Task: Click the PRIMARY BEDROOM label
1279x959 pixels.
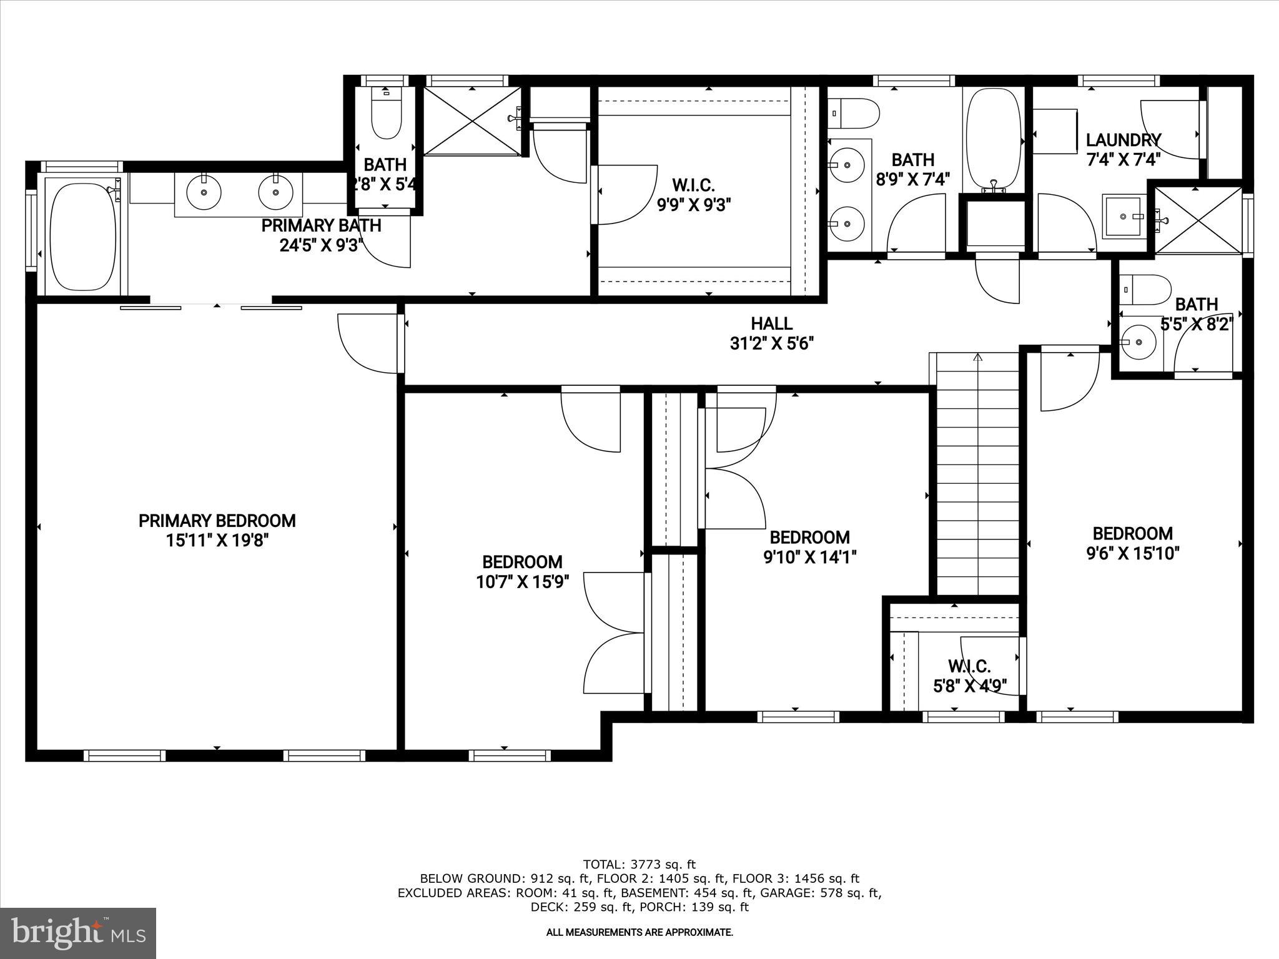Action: (x=217, y=520)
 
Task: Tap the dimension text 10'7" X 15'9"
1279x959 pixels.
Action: (x=522, y=582)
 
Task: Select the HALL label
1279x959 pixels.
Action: (x=771, y=323)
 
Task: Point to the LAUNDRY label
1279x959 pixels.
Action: (x=1123, y=140)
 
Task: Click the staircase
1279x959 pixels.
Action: (x=977, y=475)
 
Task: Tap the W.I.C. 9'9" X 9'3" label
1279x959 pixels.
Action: (x=693, y=195)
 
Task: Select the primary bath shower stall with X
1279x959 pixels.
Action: (x=472, y=120)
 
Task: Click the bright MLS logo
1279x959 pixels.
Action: (x=78, y=932)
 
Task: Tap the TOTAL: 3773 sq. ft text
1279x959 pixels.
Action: (x=639, y=864)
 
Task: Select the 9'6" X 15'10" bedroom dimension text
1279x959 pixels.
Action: (x=1132, y=553)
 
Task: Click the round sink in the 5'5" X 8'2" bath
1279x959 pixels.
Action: (x=1138, y=342)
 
